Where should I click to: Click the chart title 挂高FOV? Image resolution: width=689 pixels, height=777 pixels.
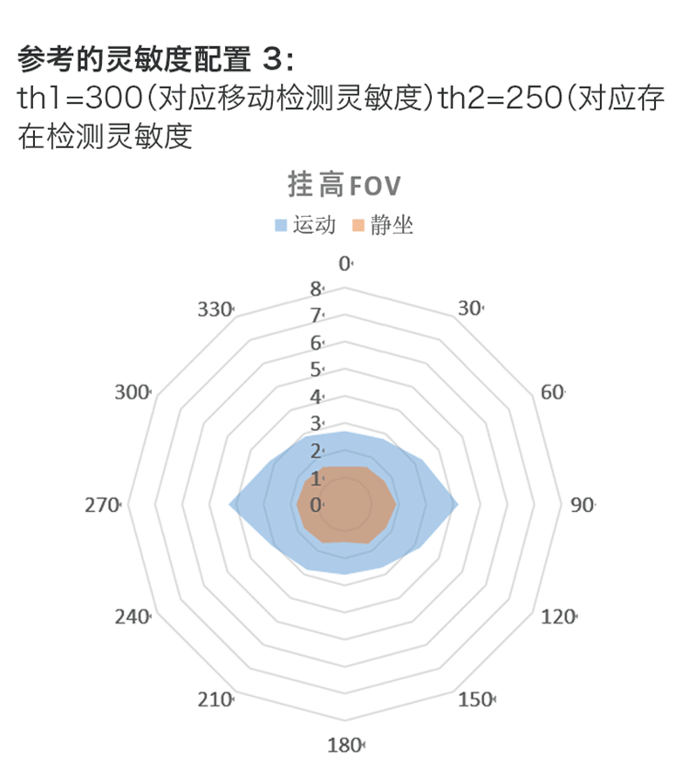tap(344, 185)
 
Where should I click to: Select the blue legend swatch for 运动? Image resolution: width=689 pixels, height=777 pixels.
tap(281, 226)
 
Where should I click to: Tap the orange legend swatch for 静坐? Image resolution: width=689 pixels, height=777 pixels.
tap(358, 226)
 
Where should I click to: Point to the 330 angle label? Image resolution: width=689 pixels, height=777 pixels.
tap(215, 310)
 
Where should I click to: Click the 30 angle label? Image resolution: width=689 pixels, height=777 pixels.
tap(470, 308)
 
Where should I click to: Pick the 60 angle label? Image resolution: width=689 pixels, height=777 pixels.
tap(552, 392)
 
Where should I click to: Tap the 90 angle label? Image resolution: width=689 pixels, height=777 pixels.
tap(582, 505)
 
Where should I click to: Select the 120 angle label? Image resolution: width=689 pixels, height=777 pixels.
tap(558, 617)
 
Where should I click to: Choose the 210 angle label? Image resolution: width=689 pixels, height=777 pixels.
tap(215, 699)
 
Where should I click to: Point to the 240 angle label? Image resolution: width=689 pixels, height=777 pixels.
tap(133, 617)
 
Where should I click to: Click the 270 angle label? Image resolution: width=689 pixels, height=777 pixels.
tap(102, 505)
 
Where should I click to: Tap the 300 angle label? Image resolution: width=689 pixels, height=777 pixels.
tap(133, 392)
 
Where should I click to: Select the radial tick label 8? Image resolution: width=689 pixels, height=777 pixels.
tap(317, 289)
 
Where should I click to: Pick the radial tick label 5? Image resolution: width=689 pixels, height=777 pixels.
tap(317, 370)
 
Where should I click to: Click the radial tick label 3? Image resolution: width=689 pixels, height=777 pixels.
tap(317, 424)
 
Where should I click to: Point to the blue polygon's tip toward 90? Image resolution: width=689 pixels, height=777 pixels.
tap(458, 505)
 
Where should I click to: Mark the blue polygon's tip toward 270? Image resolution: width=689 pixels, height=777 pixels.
tap(229, 505)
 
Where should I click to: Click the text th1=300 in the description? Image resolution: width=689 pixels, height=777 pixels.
tap(80, 98)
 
